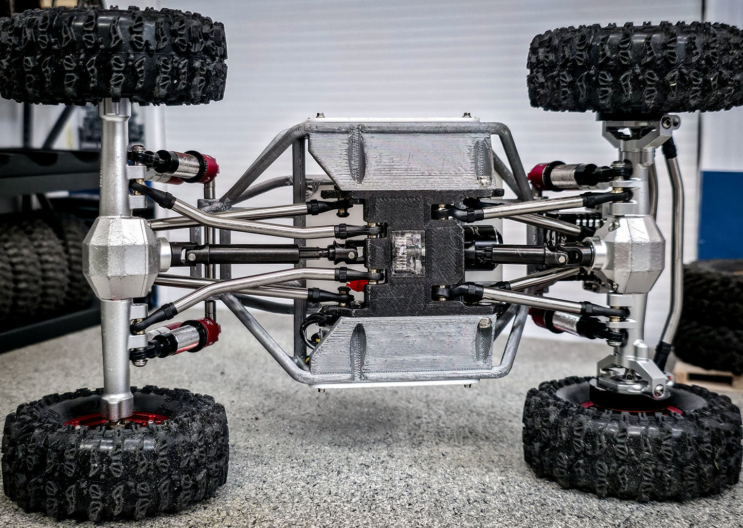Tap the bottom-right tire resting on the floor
pos(632,442)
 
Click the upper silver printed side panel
pos(401,157)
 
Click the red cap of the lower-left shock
pos(208,333)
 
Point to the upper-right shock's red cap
pos(539,175)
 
